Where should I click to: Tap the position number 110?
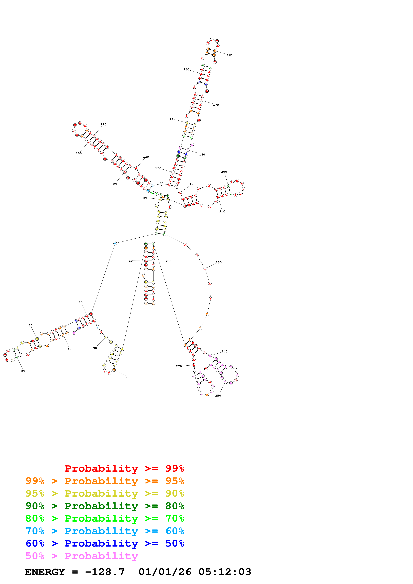pyautogui.click(x=103, y=124)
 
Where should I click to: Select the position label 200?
pyautogui.click(x=224, y=172)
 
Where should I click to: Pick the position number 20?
pyautogui.click(x=127, y=377)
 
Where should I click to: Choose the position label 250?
pyautogui.click(x=218, y=396)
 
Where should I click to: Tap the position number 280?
pyautogui.click(x=168, y=261)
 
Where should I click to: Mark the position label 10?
pyautogui.click(x=131, y=261)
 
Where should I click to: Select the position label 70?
pyautogui.click(x=80, y=302)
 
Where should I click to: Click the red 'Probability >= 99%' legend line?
pyautogui.click(x=124, y=468)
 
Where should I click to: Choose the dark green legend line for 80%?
pyautogui.click(x=105, y=506)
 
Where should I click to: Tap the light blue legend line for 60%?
pyautogui.click(x=105, y=531)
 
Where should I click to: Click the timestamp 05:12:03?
pyautogui.click(x=225, y=572)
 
